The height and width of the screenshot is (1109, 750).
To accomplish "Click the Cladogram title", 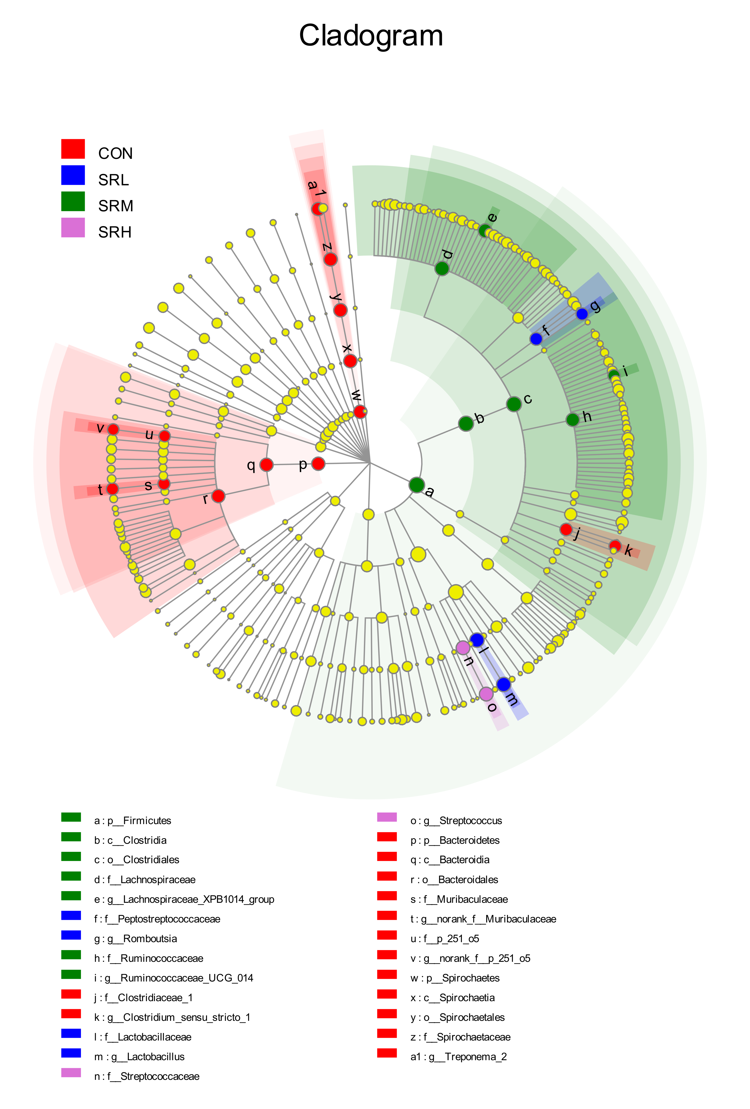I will [371, 36].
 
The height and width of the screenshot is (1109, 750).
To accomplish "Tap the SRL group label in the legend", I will [114, 180].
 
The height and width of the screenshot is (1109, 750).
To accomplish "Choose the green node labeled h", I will [572, 419].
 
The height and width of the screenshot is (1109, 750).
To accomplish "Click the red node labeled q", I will [266, 464].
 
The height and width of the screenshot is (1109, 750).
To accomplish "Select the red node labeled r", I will [218, 496].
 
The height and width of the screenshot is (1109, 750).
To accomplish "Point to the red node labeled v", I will [113, 429].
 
